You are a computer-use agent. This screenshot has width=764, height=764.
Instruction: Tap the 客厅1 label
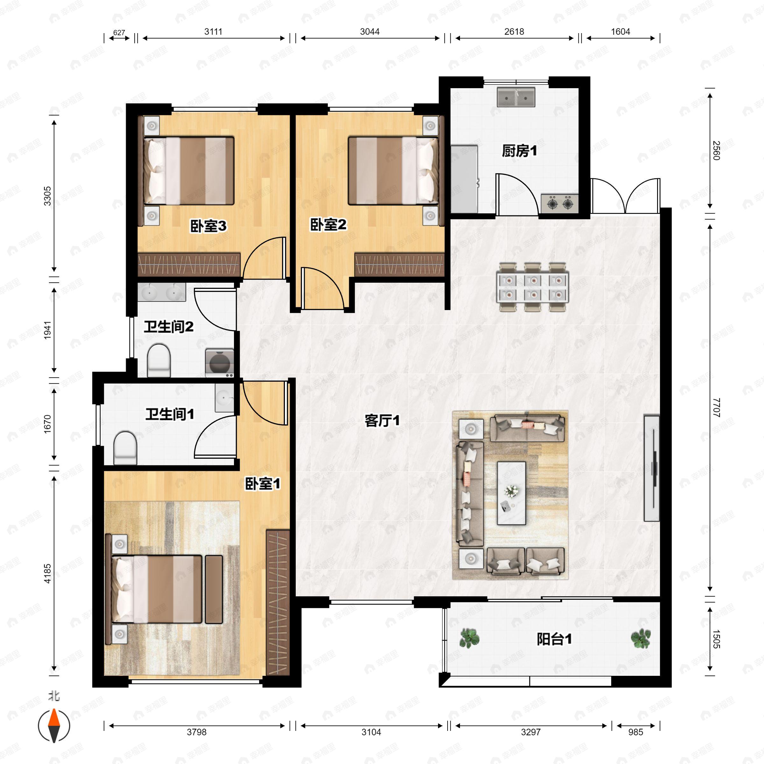tap(382, 421)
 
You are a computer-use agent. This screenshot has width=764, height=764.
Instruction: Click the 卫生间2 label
tap(168, 327)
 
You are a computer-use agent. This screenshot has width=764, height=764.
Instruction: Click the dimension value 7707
tap(717, 408)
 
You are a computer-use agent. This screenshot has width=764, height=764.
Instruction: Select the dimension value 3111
tap(213, 32)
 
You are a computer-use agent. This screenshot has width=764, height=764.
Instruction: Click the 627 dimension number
tap(119, 33)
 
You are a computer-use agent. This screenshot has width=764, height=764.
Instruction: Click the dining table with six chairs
tap(533, 287)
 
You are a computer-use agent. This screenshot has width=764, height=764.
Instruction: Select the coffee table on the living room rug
tap(511, 493)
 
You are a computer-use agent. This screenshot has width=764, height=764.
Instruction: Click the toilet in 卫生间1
tap(125, 448)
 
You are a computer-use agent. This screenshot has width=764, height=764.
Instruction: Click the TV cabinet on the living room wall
tap(651, 468)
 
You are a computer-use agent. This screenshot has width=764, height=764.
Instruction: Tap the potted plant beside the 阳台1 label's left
tap(470, 639)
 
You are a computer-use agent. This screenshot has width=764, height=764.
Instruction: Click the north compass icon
tap(54, 726)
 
